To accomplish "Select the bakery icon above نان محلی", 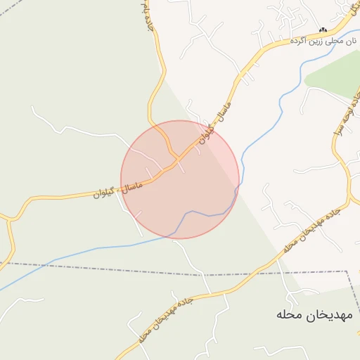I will point(323,30).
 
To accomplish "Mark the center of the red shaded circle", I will point(180,179).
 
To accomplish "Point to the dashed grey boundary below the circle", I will point(211,274).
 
